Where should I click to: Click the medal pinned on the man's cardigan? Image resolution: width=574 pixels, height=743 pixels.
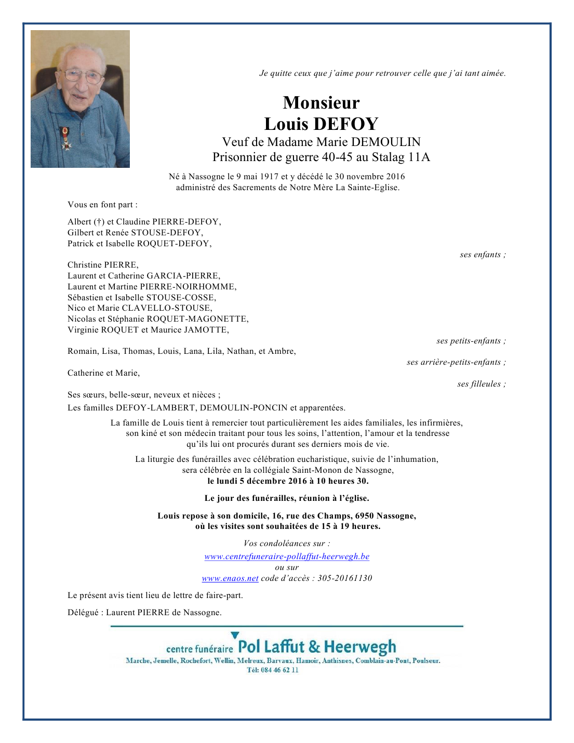pyautogui.click(x=66, y=138)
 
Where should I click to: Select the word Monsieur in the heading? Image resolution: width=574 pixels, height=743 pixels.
pyautogui.click(x=321, y=103)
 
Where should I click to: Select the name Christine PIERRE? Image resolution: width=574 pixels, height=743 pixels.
pyautogui.click(x=103, y=265)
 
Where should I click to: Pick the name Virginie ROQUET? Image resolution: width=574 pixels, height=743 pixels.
pyautogui.click(x=103, y=330)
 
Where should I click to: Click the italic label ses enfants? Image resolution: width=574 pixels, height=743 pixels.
pyautogui.click(x=482, y=255)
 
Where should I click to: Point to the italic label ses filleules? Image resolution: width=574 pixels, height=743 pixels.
pyautogui.click(x=481, y=384)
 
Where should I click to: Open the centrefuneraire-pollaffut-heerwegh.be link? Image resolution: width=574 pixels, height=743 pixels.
pyautogui.click(x=287, y=556)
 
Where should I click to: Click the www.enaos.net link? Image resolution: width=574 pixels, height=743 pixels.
pyautogui.click(x=230, y=578)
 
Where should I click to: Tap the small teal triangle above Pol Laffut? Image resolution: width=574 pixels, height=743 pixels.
pyautogui.click(x=235, y=635)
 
